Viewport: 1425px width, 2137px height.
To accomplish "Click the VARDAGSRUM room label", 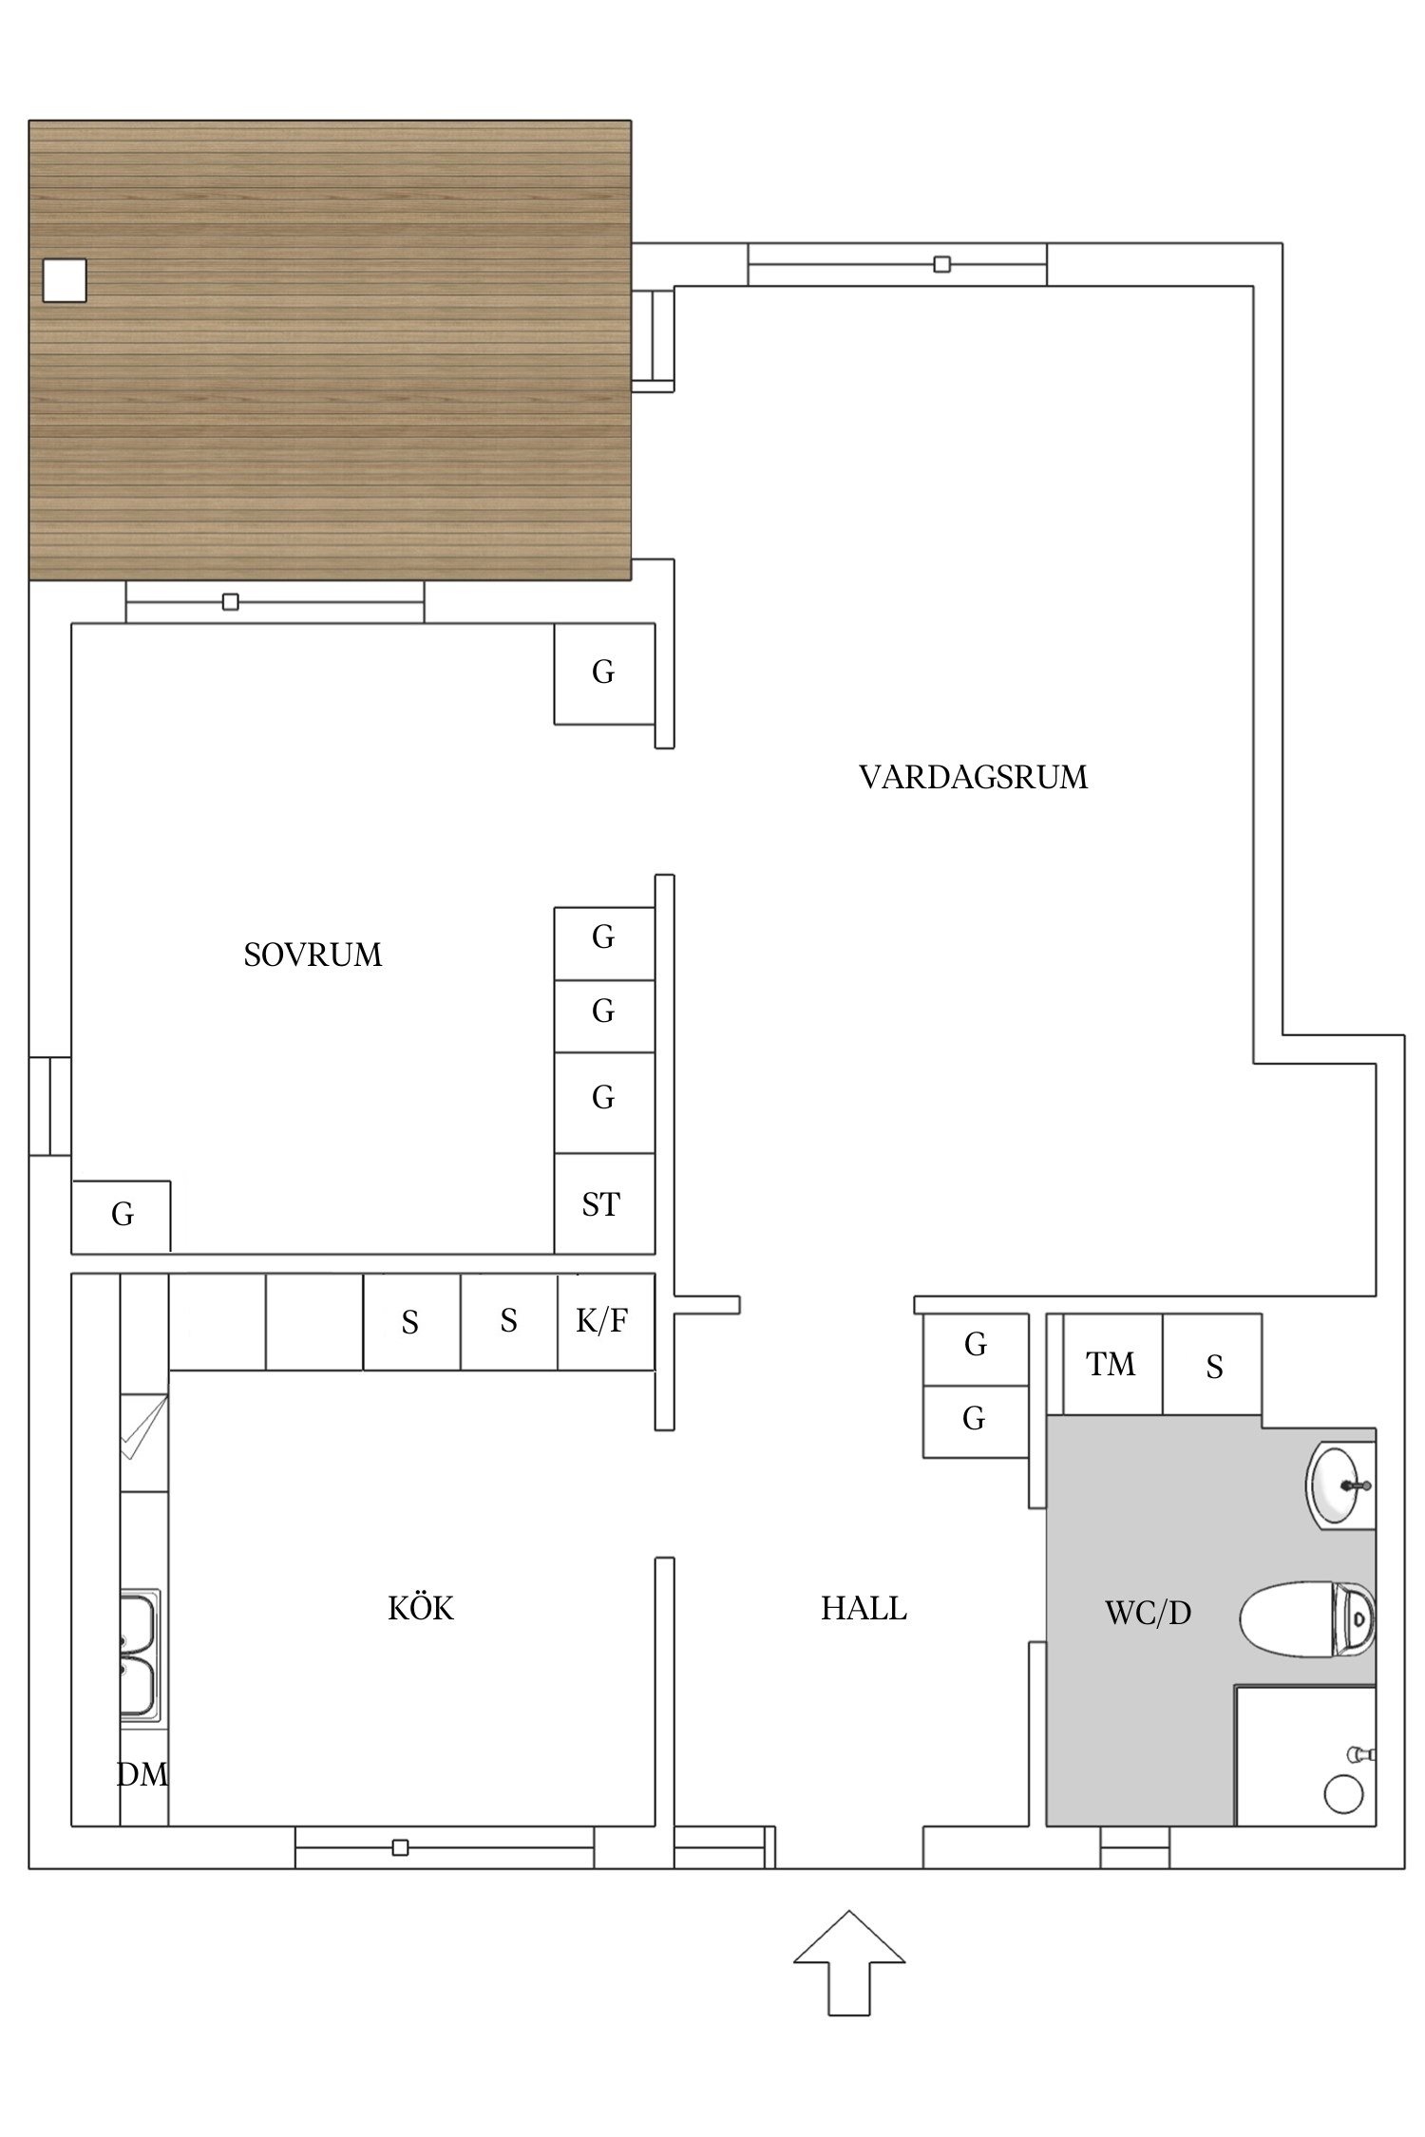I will click(973, 778).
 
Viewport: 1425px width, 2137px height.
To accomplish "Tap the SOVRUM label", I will click(313, 955).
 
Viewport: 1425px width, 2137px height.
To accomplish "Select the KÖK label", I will click(421, 1609).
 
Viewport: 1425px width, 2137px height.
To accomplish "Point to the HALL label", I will click(864, 1609).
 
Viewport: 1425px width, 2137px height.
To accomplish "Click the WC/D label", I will click(1148, 1613).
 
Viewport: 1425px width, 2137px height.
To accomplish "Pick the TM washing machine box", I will click(1111, 1365).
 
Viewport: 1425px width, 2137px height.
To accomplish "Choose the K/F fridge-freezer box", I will click(604, 1321).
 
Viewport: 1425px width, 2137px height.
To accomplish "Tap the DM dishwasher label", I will click(142, 1774).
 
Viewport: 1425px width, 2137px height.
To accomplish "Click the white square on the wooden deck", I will click(65, 281).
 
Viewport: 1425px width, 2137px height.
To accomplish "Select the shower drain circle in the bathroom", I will click(1343, 1793).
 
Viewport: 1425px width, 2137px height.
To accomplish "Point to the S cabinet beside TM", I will click(1213, 1366).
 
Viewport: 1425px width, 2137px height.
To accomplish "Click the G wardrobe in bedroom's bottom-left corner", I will click(122, 1215).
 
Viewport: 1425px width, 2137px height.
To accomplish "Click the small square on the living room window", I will click(941, 264).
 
